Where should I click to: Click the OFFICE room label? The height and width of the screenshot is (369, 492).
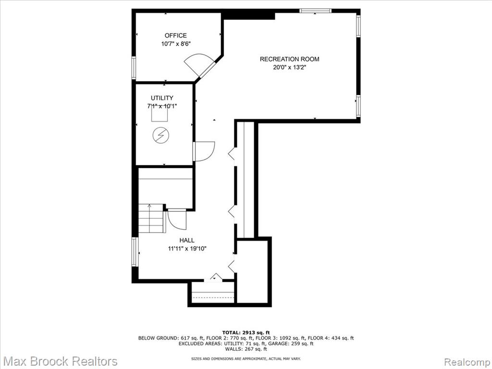point(176,36)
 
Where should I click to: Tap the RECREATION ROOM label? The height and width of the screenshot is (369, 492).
point(289,59)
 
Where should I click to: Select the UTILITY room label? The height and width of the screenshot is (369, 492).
point(162,98)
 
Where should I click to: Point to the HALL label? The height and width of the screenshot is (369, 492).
point(187,240)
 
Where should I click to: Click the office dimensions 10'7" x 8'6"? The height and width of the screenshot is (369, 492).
point(176,44)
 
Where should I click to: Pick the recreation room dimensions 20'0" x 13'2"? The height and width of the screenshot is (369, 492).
point(290,67)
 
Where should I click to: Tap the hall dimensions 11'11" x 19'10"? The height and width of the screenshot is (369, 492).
point(187,249)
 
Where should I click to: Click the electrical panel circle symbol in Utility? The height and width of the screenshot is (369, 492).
point(160,135)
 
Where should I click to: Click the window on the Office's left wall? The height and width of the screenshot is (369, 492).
point(134,68)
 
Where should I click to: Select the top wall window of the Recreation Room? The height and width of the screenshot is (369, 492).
point(315,11)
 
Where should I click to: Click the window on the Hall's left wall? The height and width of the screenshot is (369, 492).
point(135,252)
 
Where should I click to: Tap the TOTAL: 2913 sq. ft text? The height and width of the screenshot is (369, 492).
point(246,332)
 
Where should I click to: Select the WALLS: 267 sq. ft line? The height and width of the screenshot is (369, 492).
point(246,349)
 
